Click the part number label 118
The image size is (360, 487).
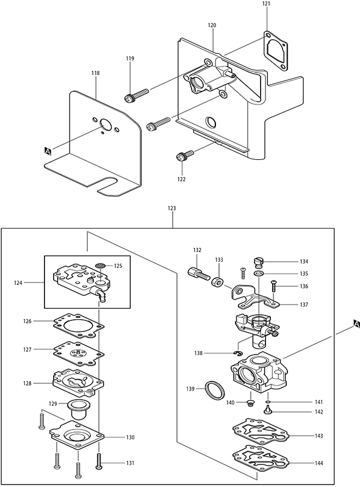point(96,73)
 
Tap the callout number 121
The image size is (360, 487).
point(266,4)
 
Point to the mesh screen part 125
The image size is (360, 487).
point(99,266)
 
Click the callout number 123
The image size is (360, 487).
point(171,208)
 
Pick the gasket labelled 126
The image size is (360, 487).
point(79,326)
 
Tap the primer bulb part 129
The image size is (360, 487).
point(76,409)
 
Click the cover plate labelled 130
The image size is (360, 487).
point(76,437)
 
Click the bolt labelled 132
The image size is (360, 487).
point(198,273)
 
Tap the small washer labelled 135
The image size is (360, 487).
point(258,273)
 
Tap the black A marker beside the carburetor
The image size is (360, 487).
point(356,325)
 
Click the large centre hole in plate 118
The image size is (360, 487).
point(106,124)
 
